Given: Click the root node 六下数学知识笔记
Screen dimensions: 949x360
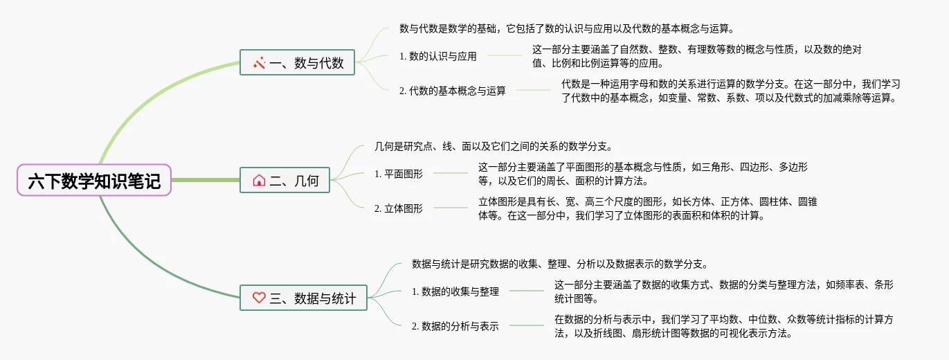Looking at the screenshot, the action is pyautogui.click(x=94, y=181).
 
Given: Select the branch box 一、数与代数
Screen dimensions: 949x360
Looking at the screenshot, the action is pyautogui.click(x=297, y=63).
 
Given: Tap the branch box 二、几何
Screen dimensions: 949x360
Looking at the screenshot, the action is pyautogui.click(x=284, y=181).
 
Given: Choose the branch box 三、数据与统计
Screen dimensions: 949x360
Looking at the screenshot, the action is pyautogui.click(x=303, y=298).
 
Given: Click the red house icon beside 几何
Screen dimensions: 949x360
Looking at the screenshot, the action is pyautogui.click(x=259, y=181).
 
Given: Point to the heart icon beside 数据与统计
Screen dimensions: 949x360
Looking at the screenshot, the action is pyautogui.click(x=259, y=298).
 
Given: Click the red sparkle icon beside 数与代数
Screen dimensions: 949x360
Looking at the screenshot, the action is pyautogui.click(x=260, y=63).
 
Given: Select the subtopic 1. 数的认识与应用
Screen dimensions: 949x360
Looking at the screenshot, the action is pyautogui.click(x=438, y=56).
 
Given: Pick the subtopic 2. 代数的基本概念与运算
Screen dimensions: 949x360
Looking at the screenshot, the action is pyautogui.click(x=453, y=91).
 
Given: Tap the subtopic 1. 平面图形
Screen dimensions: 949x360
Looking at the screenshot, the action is pyautogui.click(x=398, y=174).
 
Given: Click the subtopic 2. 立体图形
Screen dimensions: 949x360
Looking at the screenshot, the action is pyautogui.click(x=398, y=208).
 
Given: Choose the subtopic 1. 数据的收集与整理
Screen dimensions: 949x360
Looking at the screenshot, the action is pyautogui.click(x=455, y=291).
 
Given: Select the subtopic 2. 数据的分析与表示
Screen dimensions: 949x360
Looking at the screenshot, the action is pyautogui.click(x=455, y=326).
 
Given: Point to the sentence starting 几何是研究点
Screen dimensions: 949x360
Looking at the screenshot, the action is pyautogui.click(x=493, y=146).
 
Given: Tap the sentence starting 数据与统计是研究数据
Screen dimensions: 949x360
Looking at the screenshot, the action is pyautogui.click(x=559, y=264).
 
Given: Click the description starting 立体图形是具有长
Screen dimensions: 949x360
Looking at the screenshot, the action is pyautogui.click(x=648, y=208).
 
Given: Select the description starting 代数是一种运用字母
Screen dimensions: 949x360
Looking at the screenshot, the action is pyautogui.click(x=730, y=91).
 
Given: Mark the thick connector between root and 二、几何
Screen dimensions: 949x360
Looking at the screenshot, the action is pyautogui.click(x=205, y=180).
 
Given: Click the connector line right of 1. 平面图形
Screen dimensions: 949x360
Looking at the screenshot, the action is pyautogui.click(x=450, y=173).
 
